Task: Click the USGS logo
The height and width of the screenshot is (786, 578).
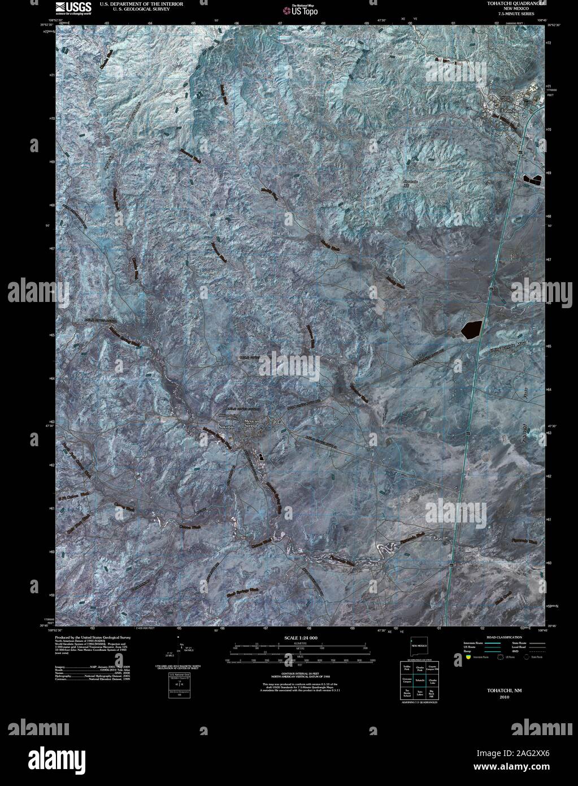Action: tap(69, 6)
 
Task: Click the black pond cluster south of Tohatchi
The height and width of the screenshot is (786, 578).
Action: tap(532, 179)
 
